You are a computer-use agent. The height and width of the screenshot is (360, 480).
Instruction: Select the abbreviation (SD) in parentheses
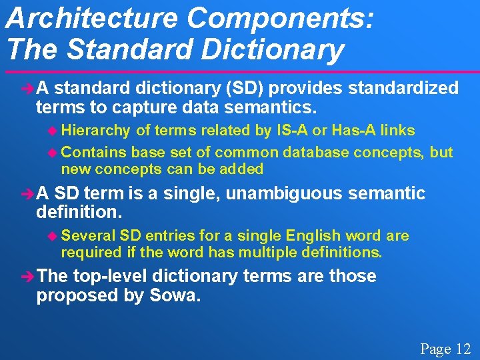click(245, 88)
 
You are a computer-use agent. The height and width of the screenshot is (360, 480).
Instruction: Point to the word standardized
click(403, 88)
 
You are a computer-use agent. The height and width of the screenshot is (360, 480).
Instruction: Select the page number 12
click(463, 349)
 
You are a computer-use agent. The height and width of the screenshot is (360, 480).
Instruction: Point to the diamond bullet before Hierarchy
click(54, 131)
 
